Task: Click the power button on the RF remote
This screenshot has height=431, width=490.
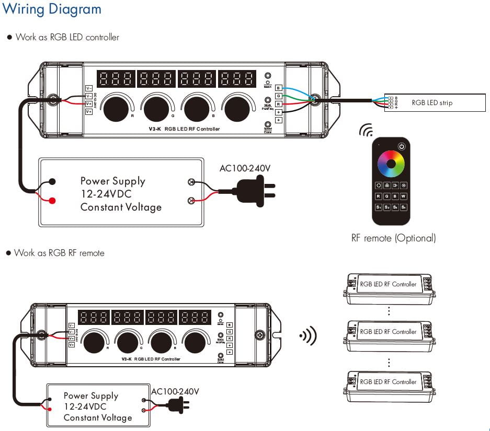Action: coord(402,146)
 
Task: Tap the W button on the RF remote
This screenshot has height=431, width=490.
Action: coord(404,196)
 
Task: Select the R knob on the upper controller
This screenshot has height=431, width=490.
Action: coord(115,108)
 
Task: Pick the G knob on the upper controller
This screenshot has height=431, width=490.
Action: coord(156,108)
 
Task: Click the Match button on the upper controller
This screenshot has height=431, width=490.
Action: coord(268,76)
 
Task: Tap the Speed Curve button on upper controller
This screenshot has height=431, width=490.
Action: coord(268,124)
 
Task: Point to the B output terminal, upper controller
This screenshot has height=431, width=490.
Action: coord(278,88)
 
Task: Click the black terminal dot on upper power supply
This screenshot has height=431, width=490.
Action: coord(53,182)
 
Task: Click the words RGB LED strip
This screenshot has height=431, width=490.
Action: coord(432,103)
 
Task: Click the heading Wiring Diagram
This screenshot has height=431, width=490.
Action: coord(52,9)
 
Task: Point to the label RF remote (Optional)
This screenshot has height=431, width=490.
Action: coord(393,238)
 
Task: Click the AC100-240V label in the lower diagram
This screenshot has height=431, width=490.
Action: coord(175,391)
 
